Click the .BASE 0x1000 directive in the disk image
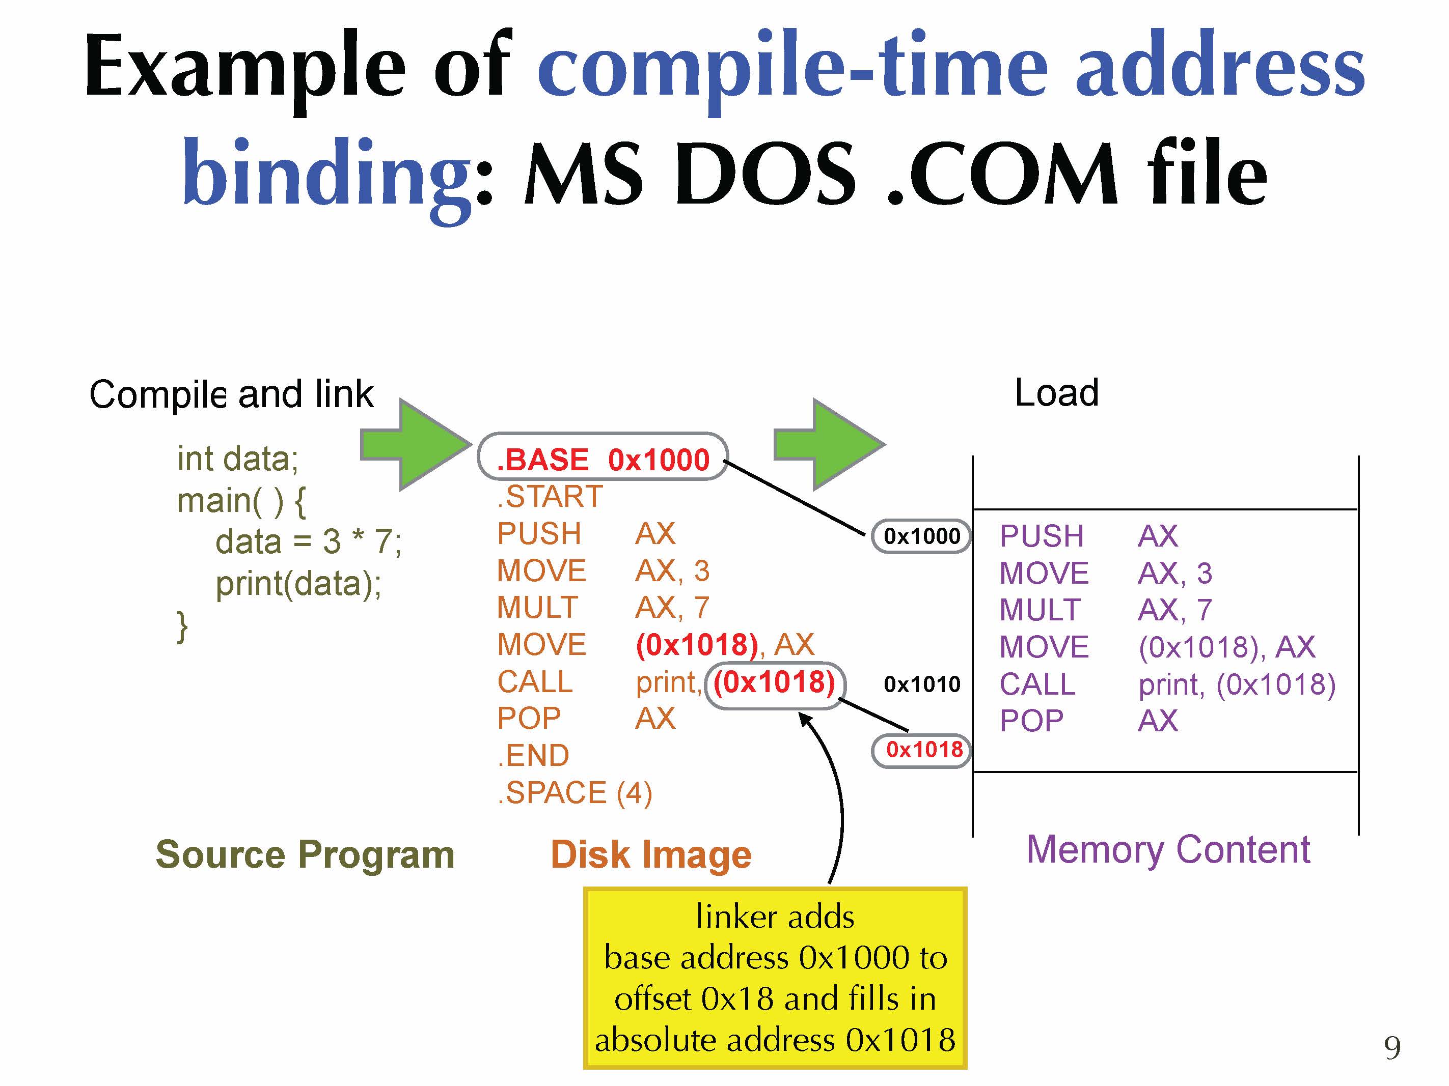point(603,459)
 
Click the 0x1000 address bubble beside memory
point(921,536)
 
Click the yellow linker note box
point(775,977)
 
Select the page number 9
point(1392,1048)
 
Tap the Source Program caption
point(305,854)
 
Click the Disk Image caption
point(650,854)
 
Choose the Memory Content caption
point(1168,850)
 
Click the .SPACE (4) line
point(575,793)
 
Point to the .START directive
point(550,496)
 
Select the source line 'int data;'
point(238,458)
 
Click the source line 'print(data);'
point(298,583)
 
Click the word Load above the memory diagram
point(1056,393)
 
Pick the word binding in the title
point(326,174)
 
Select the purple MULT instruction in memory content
point(1040,610)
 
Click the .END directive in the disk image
point(533,755)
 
